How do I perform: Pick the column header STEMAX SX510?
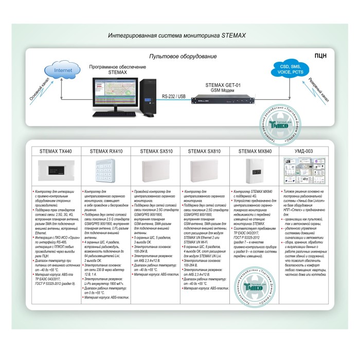tap(156, 152)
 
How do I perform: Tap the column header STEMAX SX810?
tap(205, 152)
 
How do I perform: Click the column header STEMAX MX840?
tap(255, 152)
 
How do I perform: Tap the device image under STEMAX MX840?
tap(255, 170)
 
